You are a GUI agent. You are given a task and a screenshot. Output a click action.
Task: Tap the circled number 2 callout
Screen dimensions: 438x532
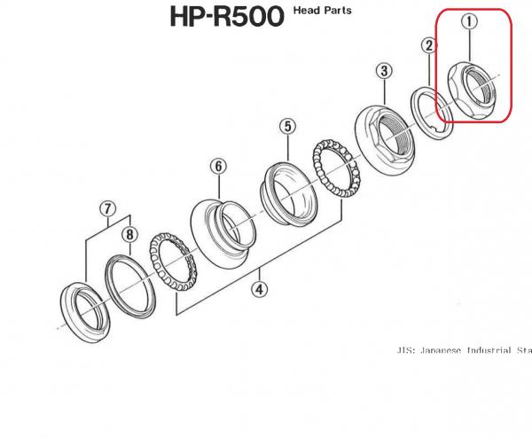(428, 45)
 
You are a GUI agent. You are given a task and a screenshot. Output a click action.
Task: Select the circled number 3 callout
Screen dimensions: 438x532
(384, 71)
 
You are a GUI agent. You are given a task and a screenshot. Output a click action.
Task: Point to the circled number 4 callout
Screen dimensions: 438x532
(259, 288)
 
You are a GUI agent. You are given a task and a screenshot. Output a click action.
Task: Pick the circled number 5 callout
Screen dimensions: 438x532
(287, 128)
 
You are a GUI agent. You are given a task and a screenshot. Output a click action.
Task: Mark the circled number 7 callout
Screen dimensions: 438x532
(107, 209)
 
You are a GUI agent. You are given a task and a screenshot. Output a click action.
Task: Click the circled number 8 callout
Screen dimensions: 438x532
(129, 235)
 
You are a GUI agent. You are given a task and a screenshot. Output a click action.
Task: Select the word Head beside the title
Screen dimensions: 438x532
(306, 11)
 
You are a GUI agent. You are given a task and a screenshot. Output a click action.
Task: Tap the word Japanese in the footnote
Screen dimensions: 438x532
(443, 350)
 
